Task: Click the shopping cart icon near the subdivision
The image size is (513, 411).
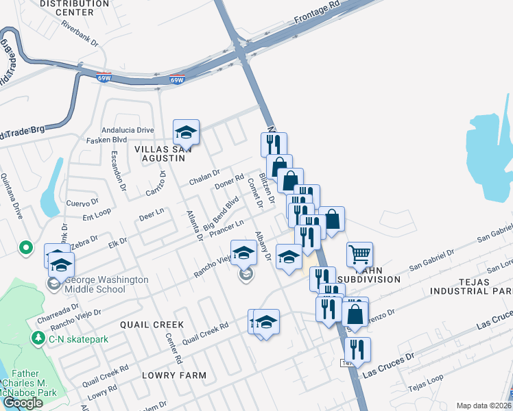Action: click(x=359, y=255)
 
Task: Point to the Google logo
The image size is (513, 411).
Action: click(x=23, y=402)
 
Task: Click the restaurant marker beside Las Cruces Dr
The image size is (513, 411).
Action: click(x=357, y=349)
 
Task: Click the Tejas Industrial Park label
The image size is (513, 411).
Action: click(x=470, y=286)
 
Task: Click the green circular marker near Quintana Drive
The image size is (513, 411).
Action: click(x=26, y=247)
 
